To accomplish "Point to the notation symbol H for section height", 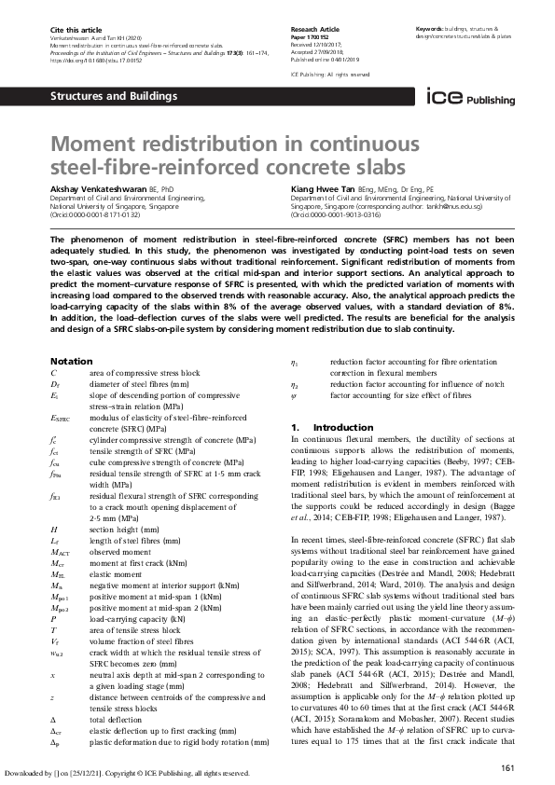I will click(54, 529).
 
